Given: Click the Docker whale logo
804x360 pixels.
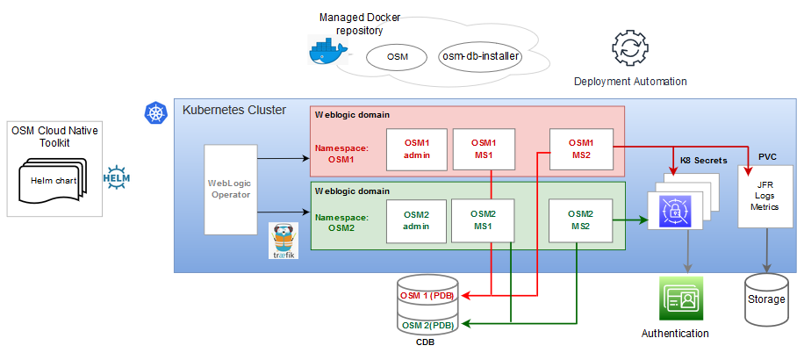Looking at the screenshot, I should [x=327, y=53].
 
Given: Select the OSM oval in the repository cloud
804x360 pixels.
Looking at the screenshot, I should [x=398, y=57].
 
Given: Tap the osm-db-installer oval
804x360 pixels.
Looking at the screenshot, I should [x=479, y=57].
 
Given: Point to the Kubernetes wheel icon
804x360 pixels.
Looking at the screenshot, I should [x=155, y=112].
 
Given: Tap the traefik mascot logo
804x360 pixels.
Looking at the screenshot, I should [x=284, y=241].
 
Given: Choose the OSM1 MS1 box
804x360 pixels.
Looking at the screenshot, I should [x=483, y=148].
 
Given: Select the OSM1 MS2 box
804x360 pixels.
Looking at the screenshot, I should [x=580, y=148].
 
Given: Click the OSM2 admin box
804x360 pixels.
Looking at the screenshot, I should [x=416, y=220].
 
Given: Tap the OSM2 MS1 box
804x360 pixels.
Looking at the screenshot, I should [x=483, y=220].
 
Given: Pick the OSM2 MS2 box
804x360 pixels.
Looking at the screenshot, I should [x=580, y=220].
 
